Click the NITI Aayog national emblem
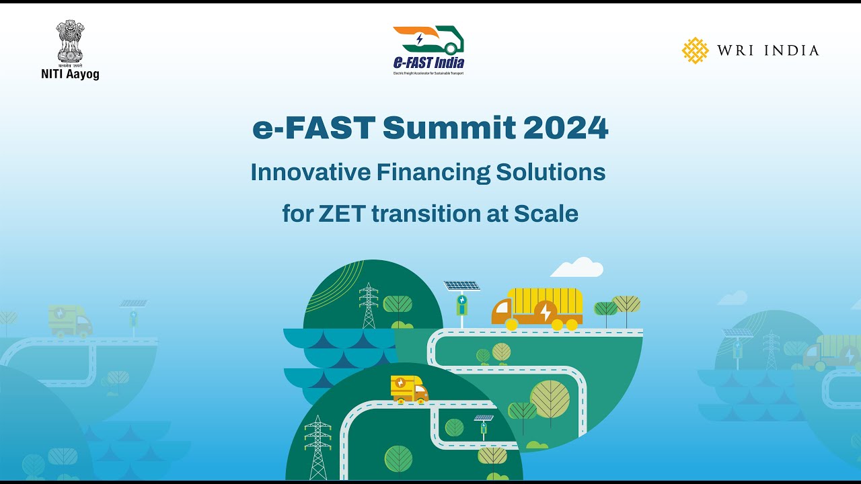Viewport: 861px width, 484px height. click(70, 42)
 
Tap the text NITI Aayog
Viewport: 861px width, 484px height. click(70, 75)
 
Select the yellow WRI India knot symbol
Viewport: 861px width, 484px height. click(695, 50)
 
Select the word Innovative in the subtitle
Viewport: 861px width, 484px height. click(310, 173)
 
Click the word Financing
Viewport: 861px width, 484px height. click(433, 173)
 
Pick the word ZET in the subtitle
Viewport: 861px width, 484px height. click(339, 214)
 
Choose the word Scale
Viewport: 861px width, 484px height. click(546, 214)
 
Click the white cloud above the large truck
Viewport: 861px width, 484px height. click(576, 268)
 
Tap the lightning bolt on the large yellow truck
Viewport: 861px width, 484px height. click(546, 312)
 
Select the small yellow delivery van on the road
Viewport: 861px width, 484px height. click(409, 389)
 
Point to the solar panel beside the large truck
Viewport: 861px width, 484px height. click(461, 286)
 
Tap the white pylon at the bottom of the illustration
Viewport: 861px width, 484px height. click(317, 447)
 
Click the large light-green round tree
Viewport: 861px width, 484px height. click(550, 399)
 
